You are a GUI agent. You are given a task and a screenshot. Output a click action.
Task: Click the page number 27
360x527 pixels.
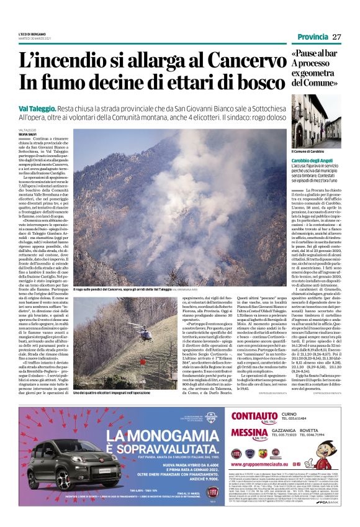pyautogui.click(x=337, y=37)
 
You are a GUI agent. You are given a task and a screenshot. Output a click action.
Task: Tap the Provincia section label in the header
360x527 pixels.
pyautogui.click(x=313, y=37)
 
